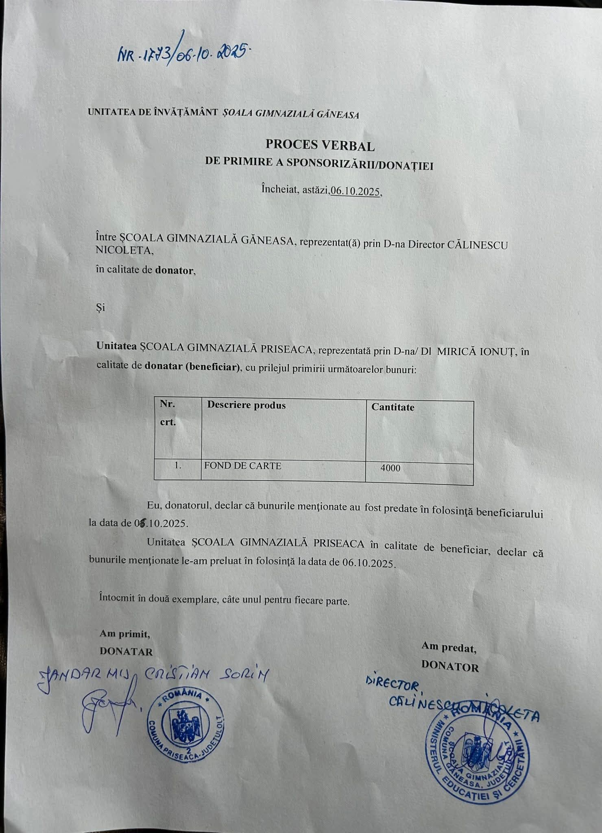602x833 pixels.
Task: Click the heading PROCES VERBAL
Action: (x=320, y=144)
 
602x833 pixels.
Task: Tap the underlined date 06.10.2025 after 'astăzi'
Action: (x=356, y=192)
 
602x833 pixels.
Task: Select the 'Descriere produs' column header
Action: (x=246, y=405)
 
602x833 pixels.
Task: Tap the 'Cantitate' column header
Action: (x=393, y=407)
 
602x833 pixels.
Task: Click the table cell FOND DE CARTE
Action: (x=243, y=466)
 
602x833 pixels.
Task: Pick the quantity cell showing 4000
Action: (x=390, y=468)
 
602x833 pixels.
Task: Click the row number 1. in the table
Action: (x=178, y=465)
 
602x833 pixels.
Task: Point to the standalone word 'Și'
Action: (x=100, y=307)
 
